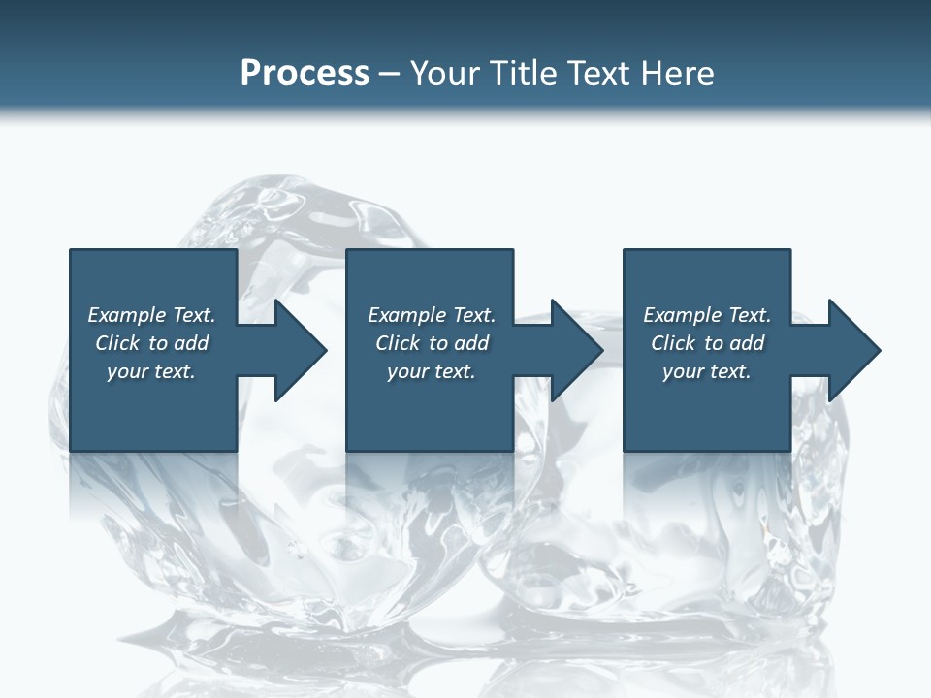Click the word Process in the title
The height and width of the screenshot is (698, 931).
pos(305,74)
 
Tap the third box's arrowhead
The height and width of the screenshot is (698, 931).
pos(852,350)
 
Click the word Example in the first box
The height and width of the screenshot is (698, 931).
pos(127,315)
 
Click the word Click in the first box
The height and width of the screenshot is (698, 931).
pos(117,343)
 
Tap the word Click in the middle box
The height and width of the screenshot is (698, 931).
pos(398,343)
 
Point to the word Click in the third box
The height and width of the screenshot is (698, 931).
pos(673,343)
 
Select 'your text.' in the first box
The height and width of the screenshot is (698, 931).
pos(151,371)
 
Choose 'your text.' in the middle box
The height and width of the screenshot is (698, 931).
pos(432,371)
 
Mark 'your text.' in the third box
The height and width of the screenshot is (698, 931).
pos(707,371)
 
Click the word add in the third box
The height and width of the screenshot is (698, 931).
pos(747,343)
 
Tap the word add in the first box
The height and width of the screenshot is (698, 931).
pos(191,343)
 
